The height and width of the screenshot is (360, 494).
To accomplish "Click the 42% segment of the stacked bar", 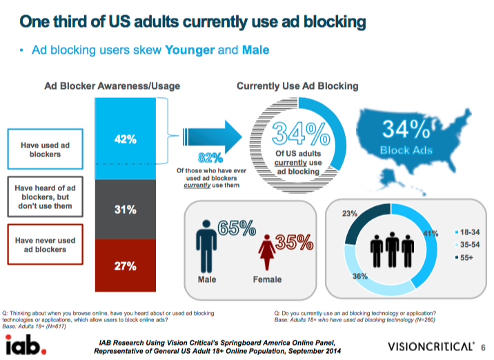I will tap(126, 139).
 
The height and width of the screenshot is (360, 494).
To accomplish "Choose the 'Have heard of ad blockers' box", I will tap(46, 197).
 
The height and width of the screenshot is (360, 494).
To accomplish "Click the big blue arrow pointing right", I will tap(207, 134).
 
